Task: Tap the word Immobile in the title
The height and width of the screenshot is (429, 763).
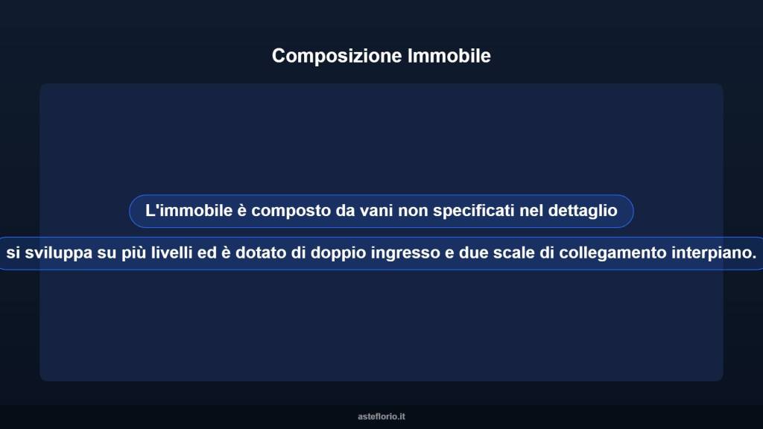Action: [x=449, y=56]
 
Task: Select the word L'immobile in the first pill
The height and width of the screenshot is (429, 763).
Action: [x=187, y=211]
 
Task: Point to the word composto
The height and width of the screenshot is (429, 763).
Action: [x=290, y=211]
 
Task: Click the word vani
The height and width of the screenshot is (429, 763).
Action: [x=376, y=211]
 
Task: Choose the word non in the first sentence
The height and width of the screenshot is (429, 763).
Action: [x=412, y=211]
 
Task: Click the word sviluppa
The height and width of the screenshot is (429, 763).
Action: [x=59, y=253]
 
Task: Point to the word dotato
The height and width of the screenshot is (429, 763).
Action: [x=262, y=253]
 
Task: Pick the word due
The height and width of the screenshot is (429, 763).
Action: [x=471, y=253]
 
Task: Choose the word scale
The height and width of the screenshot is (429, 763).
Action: [x=513, y=253]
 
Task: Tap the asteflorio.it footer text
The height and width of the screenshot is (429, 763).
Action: [x=381, y=416]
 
